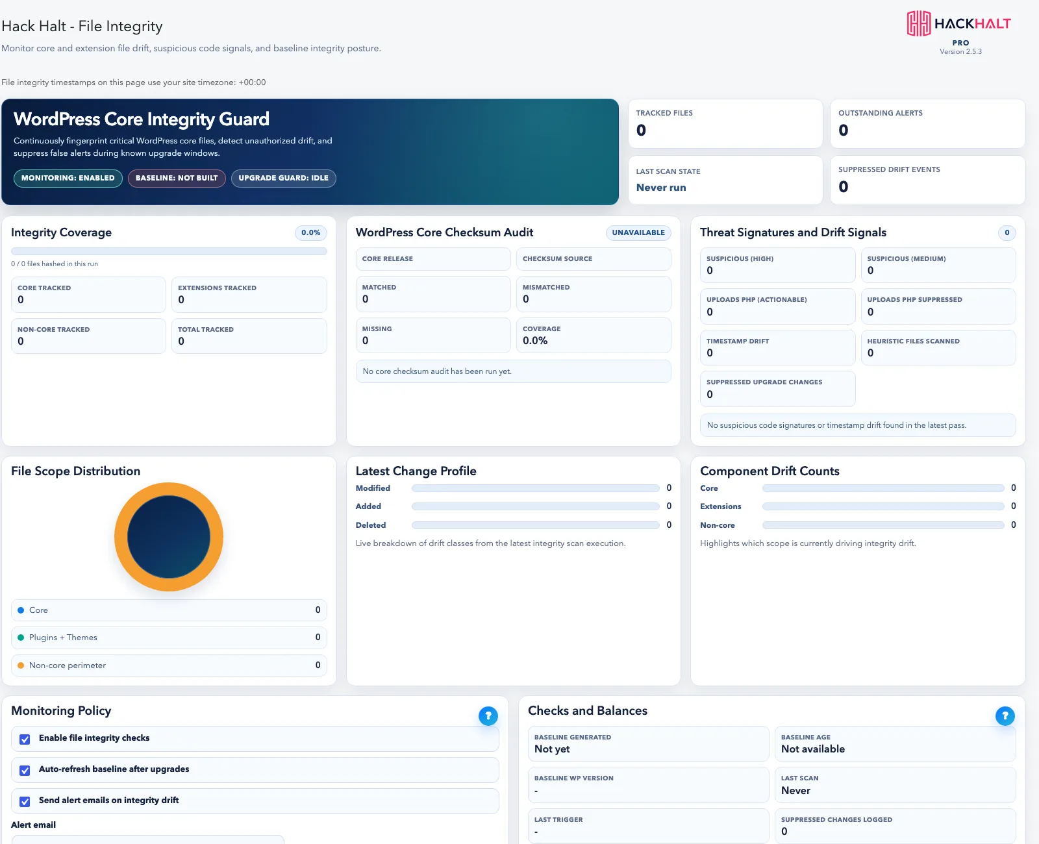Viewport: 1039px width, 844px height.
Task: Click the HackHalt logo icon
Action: (918, 23)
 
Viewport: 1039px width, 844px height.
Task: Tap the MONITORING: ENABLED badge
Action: (68, 178)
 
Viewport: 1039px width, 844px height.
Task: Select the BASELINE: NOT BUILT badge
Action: (177, 178)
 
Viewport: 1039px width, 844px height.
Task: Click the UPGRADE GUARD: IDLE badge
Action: (283, 178)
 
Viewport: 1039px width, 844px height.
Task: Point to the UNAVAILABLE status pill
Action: (638, 232)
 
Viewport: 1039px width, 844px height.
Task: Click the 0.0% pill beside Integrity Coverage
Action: (310, 232)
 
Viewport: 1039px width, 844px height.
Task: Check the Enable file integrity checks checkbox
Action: (25, 739)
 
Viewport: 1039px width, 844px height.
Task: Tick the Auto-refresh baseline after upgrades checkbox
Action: (25, 771)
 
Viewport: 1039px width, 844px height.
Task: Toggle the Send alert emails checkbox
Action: (25, 802)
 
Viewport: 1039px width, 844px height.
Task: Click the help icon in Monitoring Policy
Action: (488, 715)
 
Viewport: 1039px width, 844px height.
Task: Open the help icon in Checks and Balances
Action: (1005, 715)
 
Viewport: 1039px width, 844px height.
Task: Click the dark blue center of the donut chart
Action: (169, 537)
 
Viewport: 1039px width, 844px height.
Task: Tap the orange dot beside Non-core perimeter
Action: (21, 665)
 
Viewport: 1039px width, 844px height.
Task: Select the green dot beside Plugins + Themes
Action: (21, 638)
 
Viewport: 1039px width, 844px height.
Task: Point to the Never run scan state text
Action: (661, 187)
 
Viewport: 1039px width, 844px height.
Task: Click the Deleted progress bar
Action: (536, 525)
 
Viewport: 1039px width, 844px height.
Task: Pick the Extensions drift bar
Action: (883, 506)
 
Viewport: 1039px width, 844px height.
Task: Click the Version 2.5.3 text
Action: (960, 52)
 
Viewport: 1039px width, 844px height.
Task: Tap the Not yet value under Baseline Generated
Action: (552, 749)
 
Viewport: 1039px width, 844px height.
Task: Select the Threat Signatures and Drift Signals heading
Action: (793, 232)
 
